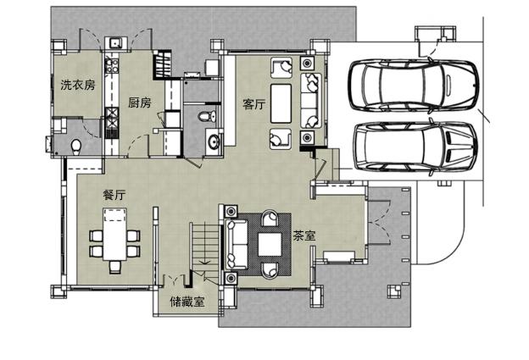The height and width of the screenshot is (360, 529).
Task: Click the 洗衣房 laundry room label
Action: pyautogui.click(x=78, y=85)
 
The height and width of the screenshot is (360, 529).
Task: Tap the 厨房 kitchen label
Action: pyautogui.click(x=140, y=102)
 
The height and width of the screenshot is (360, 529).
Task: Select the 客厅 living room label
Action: pyautogui.click(x=254, y=104)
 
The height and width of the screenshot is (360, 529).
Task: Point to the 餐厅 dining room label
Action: pyautogui.click(x=114, y=195)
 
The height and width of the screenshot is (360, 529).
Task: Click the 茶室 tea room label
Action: pyautogui.click(x=304, y=235)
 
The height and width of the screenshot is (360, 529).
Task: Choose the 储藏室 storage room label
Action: pyautogui.click(x=187, y=302)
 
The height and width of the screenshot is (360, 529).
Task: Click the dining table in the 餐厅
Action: pyautogui.click(x=115, y=235)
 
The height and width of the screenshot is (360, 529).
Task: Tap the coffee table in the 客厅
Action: pyautogui.click(x=281, y=103)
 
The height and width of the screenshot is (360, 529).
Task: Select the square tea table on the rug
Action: pyautogui.click(x=270, y=245)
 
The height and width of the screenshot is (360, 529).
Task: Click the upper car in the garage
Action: pyautogui.click(x=414, y=86)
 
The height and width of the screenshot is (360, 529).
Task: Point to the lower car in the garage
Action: pyautogui.click(x=415, y=147)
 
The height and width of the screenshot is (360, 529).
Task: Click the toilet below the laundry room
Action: pyautogui.click(x=76, y=147)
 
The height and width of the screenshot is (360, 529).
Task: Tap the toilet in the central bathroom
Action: pyautogui.click(x=207, y=117)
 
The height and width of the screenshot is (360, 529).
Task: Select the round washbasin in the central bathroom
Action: pyautogui.click(x=214, y=141)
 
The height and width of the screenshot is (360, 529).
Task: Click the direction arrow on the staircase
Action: pyautogui.click(x=204, y=262)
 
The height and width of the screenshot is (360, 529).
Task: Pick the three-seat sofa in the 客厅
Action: pyautogui.click(x=311, y=101)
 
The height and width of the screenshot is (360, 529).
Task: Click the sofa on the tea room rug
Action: pyautogui.click(x=237, y=245)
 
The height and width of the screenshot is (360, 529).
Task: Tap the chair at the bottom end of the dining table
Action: pyautogui.click(x=115, y=267)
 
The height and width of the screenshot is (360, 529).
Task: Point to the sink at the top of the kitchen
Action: pyautogui.click(x=115, y=43)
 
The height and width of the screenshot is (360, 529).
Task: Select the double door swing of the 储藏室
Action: pyautogui.click(x=174, y=280)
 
